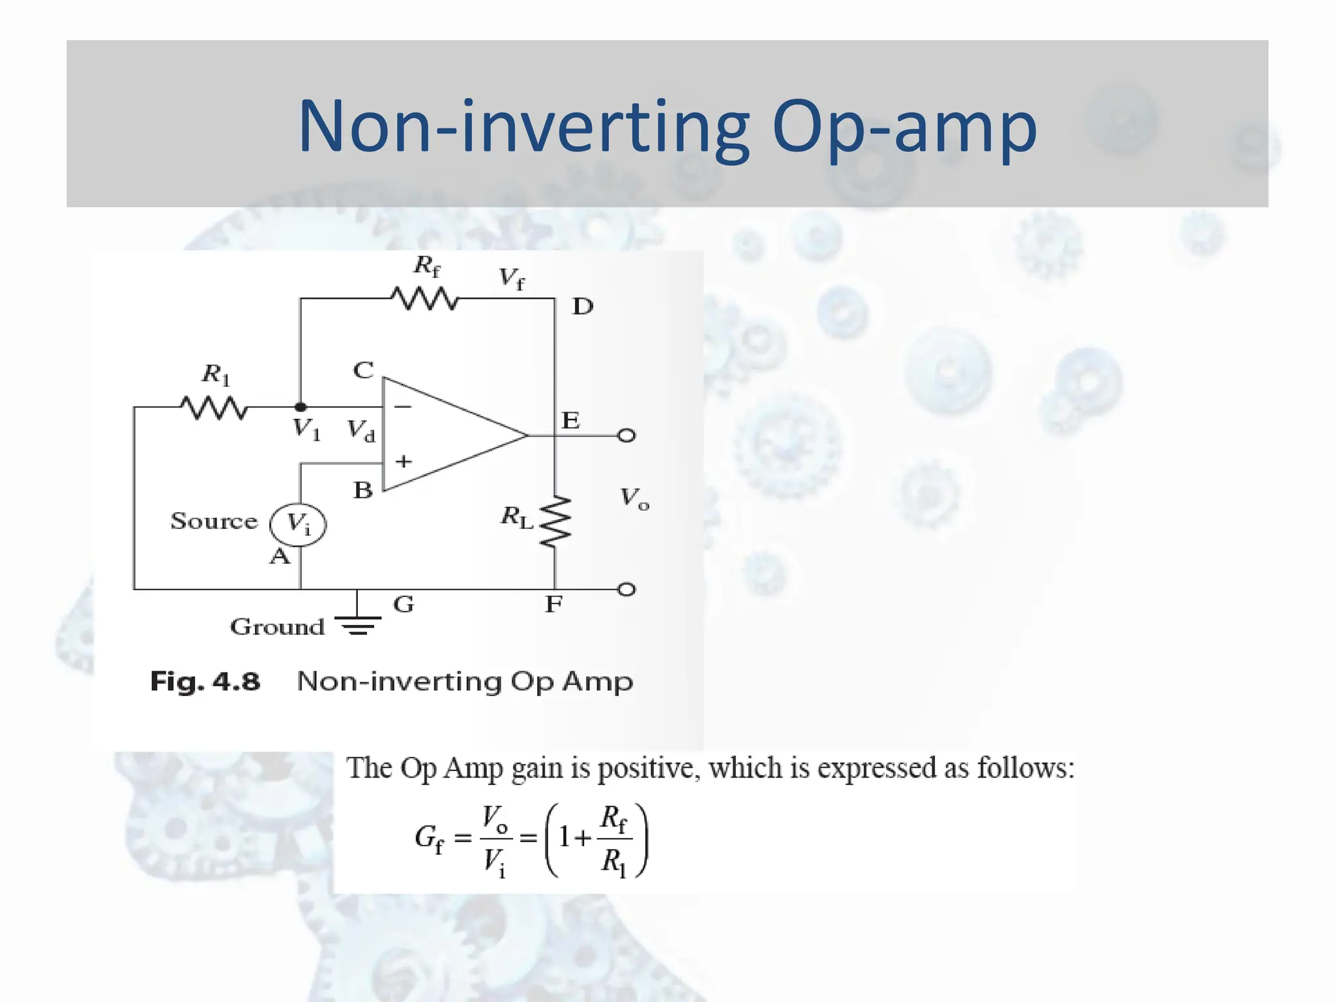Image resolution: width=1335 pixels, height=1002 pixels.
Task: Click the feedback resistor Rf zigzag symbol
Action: tap(425, 299)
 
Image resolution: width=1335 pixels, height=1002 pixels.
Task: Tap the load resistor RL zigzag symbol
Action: tap(555, 521)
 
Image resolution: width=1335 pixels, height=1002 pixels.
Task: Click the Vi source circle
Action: tap(299, 524)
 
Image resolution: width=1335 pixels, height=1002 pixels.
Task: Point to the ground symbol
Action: tap(358, 624)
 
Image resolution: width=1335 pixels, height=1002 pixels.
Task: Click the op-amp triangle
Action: tap(450, 434)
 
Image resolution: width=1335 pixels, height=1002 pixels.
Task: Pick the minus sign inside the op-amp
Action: tap(403, 406)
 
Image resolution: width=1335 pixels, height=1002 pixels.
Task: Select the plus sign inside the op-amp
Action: tap(403, 462)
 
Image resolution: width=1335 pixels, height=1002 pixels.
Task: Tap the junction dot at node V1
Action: tap(301, 407)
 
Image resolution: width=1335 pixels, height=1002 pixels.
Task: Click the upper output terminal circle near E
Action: tap(626, 435)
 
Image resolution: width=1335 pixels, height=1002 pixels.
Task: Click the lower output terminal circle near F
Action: tap(626, 590)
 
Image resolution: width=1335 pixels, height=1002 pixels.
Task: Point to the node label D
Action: tap(583, 307)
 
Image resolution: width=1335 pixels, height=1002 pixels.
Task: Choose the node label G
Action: tap(403, 605)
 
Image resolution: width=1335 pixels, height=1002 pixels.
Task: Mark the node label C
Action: tap(363, 371)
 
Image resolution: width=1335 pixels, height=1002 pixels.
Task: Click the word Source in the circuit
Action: tap(214, 521)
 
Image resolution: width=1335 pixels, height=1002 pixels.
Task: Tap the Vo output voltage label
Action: tap(634, 498)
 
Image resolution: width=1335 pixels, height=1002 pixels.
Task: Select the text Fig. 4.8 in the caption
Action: tap(205, 682)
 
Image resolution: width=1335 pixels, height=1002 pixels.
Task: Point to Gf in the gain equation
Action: tap(429, 838)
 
